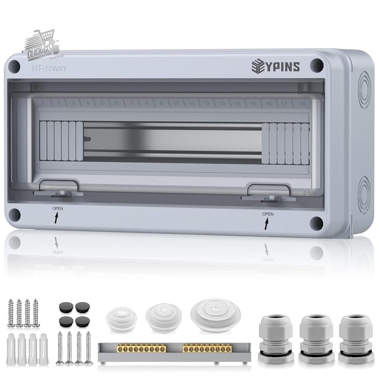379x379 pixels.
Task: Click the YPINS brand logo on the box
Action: pyautogui.click(x=276, y=66)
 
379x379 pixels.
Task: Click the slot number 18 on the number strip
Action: pyautogui.click(x=302, y=103)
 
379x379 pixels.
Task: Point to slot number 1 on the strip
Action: pyautogui.click(x=44, y=103)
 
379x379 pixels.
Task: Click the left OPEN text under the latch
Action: pyautogui.click(x=58, y=209)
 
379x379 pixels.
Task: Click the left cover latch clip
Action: pyautogui.click(x=59, y=188)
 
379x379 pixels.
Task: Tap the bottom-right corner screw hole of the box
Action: pyautogui.click(x=316, y=224)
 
